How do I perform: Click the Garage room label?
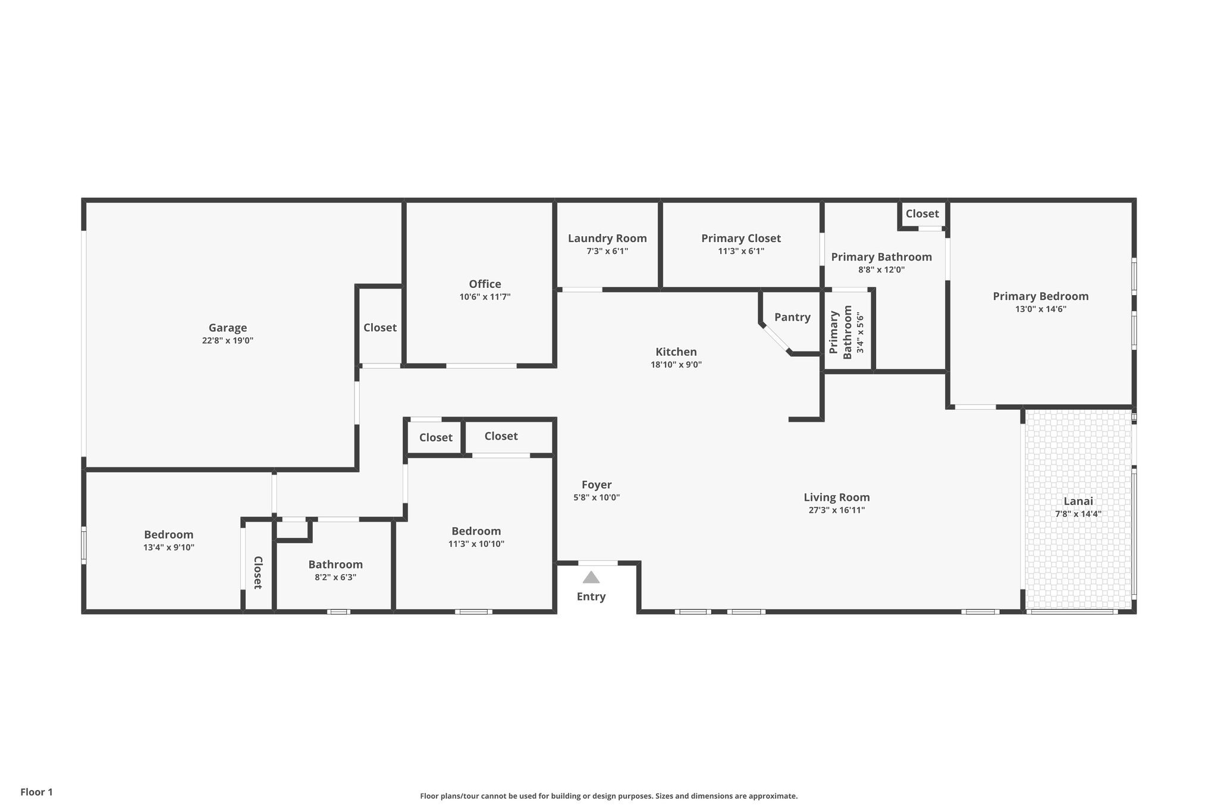[x=228, y=328]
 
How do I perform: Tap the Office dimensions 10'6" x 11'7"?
[x=485, y=297]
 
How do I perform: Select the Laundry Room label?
[x=607, y=239]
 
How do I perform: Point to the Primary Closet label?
[x=741, y=239]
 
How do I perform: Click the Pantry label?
[x=792, y=317]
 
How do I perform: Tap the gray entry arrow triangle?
[x=591, y=578]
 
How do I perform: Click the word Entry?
[x=591, y=597]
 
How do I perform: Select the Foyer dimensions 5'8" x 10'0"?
[x=597, y=498]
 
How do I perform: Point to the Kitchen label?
[x=676, y=352]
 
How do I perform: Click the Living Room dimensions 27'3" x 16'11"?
[x=837, y=510]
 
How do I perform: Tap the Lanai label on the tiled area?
[x=1078, y=501]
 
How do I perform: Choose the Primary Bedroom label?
[x=1041, y=296]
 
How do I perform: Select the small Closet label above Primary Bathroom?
[x=922, y=214]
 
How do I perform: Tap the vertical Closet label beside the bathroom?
[x=258, y=572]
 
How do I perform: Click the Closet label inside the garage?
[x=380, y=328]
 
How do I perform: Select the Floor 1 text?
[x=37, y=792]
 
